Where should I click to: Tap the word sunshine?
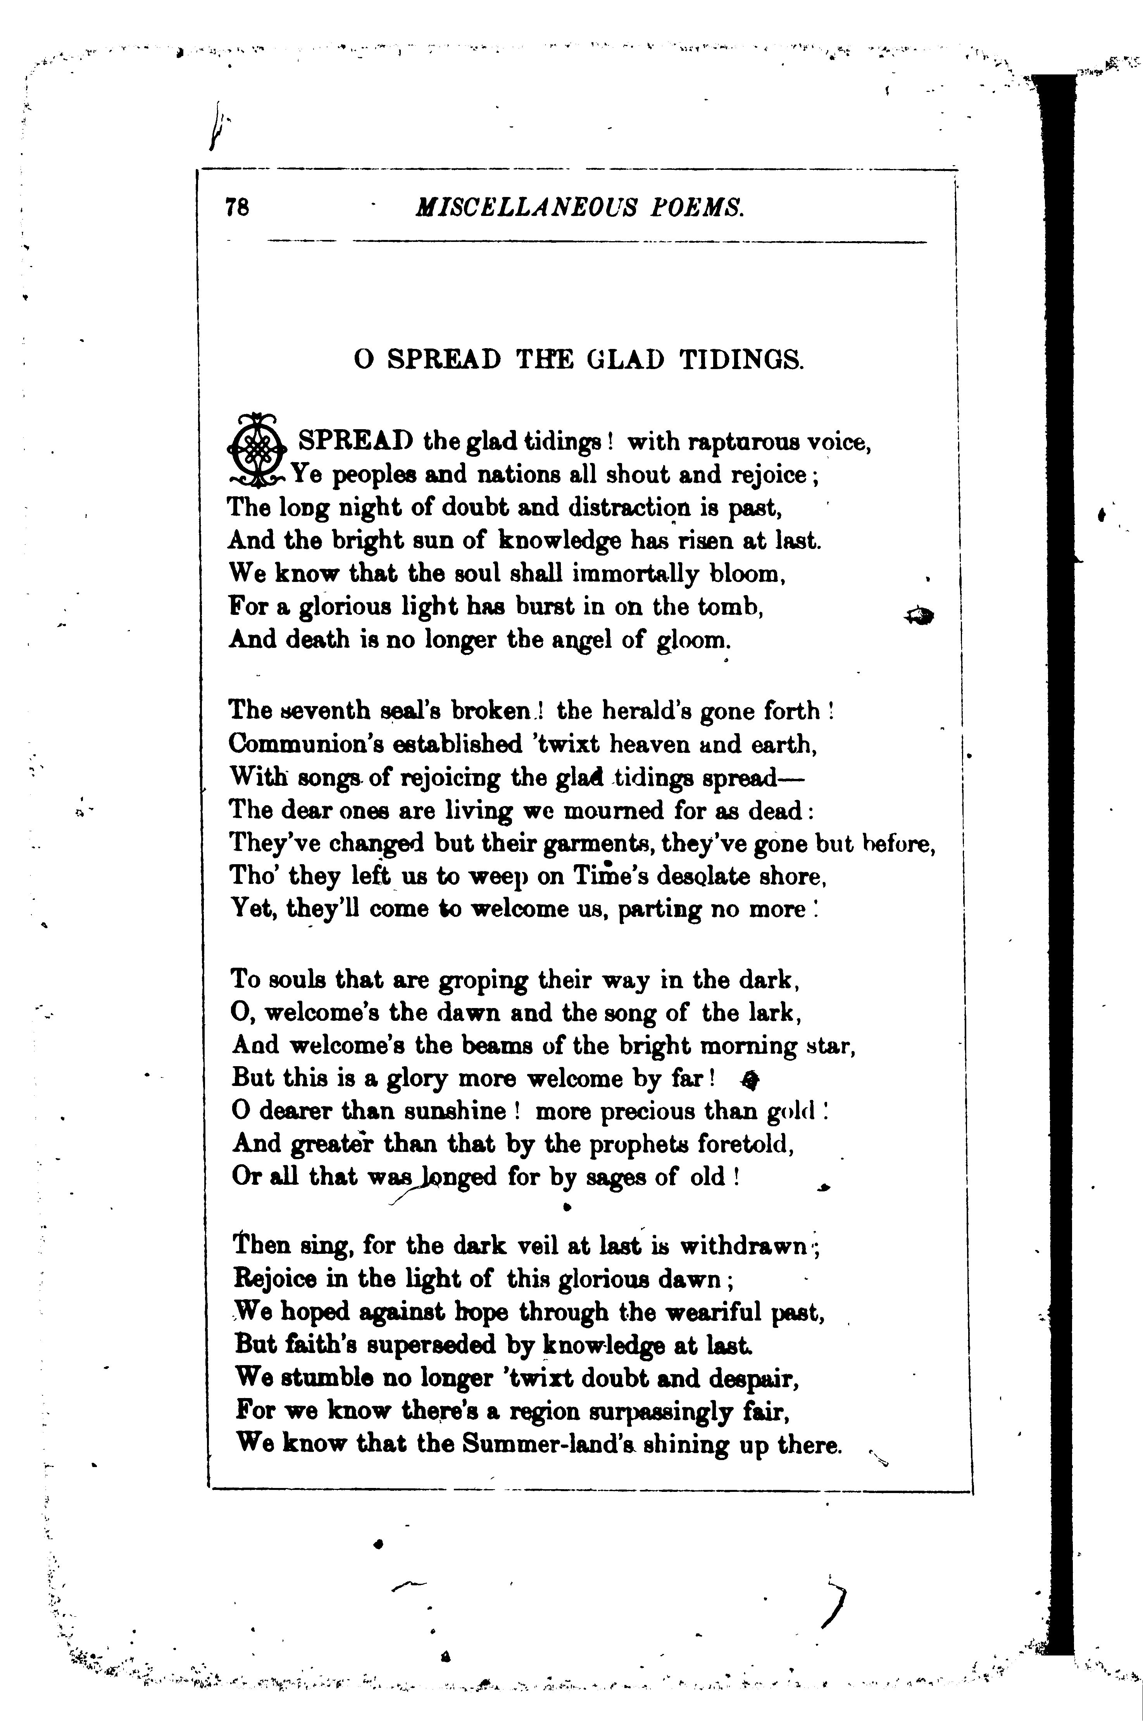coord(445,1112)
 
